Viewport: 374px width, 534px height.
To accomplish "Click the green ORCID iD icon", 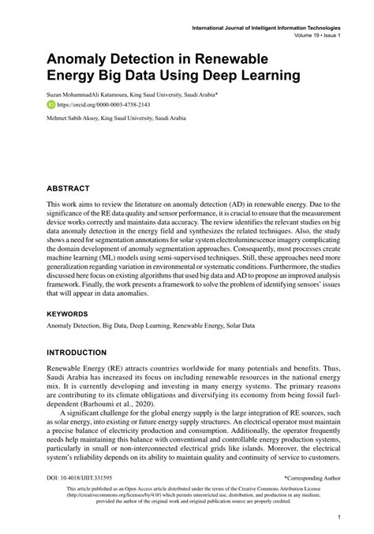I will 51,103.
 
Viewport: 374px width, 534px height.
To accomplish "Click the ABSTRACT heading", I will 68,189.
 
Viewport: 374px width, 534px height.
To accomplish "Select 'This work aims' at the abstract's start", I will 73,204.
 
